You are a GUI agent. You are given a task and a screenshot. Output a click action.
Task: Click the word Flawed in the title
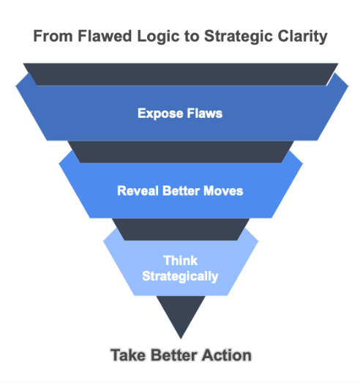point(105,36)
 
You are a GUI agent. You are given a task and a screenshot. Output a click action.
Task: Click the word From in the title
point(53,36)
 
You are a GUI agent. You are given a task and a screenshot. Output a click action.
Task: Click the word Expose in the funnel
point(160,114)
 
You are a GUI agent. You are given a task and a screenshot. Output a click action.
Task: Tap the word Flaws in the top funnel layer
point(205,114)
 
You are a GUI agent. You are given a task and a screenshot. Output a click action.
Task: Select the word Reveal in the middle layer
point(138,190)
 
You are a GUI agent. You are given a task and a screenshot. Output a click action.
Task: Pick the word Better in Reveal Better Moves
point(181,190)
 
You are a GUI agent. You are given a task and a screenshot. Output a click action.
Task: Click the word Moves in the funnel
point(223,190)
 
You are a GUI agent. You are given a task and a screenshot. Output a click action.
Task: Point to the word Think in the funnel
point(181,261)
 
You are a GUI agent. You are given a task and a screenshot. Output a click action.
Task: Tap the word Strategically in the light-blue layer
point(180,277)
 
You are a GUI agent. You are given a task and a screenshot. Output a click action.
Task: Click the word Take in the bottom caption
point(128,355)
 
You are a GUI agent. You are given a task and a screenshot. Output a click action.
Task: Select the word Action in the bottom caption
point(227,355)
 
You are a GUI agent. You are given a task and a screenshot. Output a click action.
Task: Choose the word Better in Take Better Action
point(173,355)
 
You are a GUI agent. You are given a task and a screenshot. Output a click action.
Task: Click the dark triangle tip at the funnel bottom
point(181,338)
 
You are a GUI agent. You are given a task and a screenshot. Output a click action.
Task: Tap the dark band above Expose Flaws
point(181,75)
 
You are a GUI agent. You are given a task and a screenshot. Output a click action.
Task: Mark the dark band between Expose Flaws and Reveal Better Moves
point(181,152)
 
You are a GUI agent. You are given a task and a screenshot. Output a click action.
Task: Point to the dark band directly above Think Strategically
point(181,229)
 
